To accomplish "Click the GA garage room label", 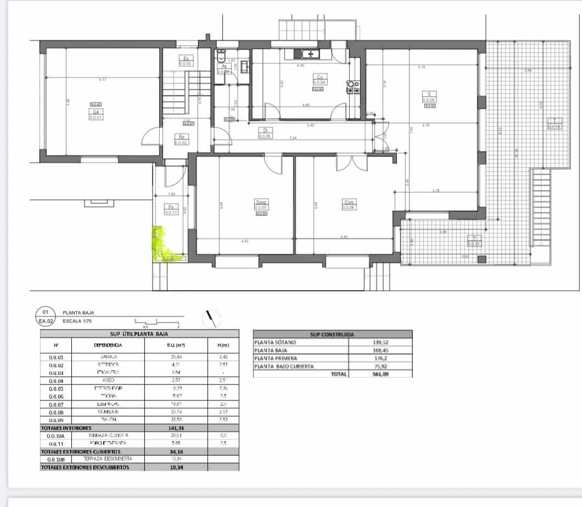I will [95, 112].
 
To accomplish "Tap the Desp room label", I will [260, 201].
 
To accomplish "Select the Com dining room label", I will [349, 201].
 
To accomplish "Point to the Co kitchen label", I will [320, 76].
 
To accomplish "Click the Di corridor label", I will [265, 130].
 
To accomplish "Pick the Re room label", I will [182, 137].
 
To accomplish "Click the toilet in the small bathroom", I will [221, 55].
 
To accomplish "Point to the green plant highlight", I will [164, 245].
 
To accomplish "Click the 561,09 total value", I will [380, 374].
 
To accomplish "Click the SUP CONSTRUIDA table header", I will [332, 334].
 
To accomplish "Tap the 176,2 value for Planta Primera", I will [380, 358].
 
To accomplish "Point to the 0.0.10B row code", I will [58, 459].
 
